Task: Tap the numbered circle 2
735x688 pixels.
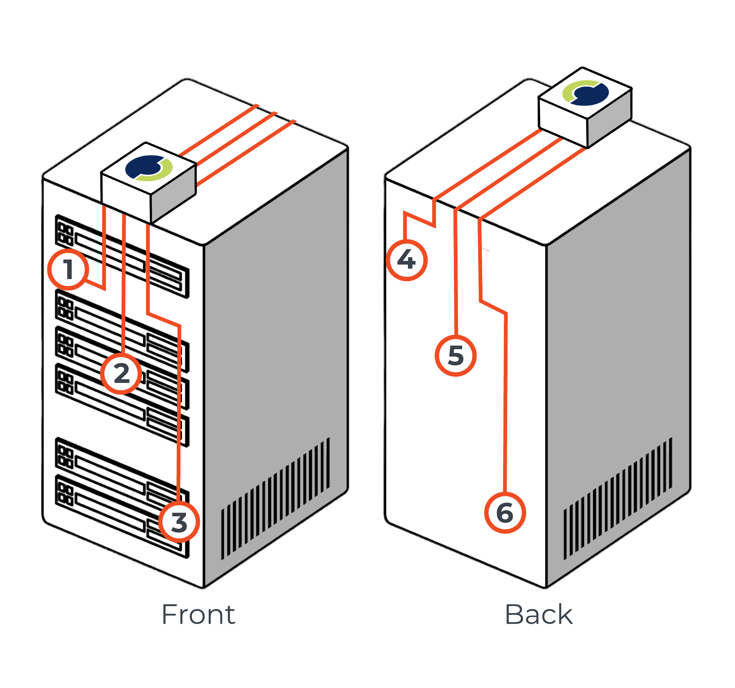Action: (121, 373)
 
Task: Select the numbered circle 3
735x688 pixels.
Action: (179, 522)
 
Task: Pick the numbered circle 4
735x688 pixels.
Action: (407, 260)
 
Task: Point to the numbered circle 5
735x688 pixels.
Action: (455, 356)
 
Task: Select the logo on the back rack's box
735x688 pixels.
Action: (586, 93)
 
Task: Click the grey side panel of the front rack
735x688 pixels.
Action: (275, 332)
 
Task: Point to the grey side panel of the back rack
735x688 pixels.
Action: (617, 332)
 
